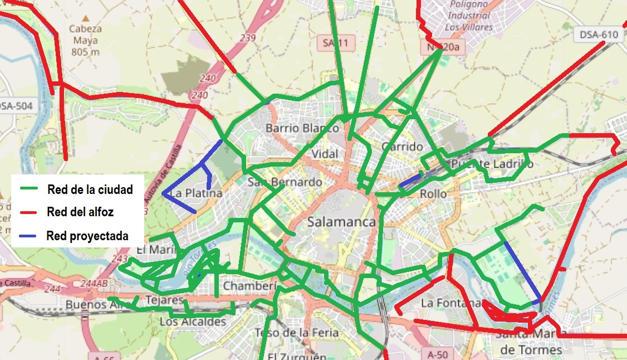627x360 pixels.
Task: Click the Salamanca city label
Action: coord(341,222)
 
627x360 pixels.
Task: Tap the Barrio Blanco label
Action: coord(302,128)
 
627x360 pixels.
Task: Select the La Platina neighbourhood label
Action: coord(196,193)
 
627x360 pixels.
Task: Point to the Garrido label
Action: coord(403,147)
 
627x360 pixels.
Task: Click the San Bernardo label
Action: coord(285,182)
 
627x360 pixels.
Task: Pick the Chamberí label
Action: coord(250,286)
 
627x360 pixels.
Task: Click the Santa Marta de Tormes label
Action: coord(531,342)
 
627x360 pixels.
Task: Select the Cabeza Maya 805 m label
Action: coord(85,41)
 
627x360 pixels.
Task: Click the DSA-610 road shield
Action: coord(599,35)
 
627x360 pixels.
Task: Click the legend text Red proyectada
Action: coord(87,236)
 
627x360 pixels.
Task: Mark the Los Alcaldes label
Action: coord(193,322)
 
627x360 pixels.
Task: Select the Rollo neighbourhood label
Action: coord(433,194)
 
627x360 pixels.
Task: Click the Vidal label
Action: coord(325,154)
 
